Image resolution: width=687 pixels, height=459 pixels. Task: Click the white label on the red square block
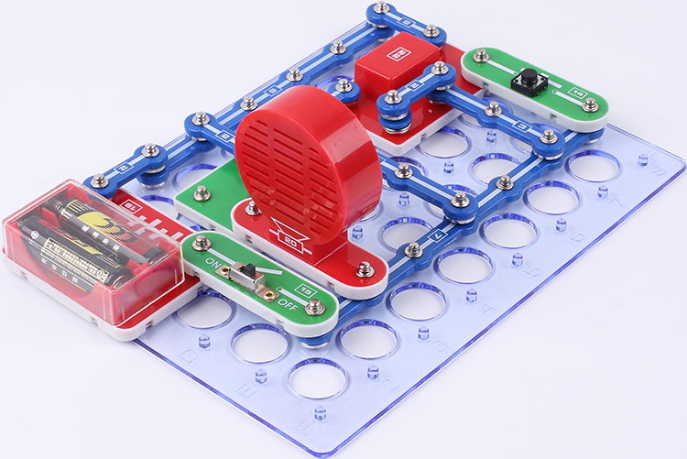tap(402, 51)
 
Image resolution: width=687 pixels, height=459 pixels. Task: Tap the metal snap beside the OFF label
tap(314, 308)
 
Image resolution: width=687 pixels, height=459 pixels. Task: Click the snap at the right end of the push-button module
tap(591, 104)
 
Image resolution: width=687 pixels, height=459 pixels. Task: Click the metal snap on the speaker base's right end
tap(365, 268)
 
